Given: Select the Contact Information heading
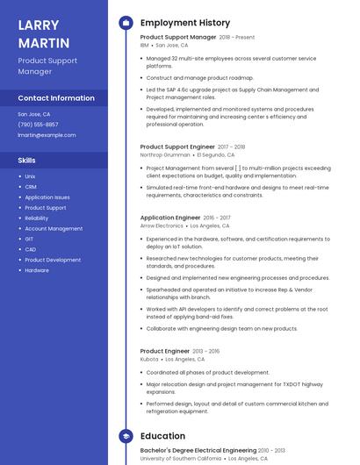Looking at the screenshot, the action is [x=56, y=98].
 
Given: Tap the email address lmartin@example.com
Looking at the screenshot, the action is [x=47, y=135].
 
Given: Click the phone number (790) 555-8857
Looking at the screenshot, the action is [x=38, y=125].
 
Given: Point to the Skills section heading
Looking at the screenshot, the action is [x=27, y=161].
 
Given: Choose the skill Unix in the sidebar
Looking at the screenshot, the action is [x=30, y=176].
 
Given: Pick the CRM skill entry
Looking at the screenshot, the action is [x=31, y=187].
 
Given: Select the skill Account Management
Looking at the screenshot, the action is [x=54, y=228].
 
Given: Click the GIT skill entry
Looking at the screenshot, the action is [x=29, y=239].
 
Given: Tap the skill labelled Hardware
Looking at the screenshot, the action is [x=37, y=270].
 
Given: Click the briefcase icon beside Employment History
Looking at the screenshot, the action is [x=124, y=23].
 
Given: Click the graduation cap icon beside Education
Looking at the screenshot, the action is [x=124, y=436].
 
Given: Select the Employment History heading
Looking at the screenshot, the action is [x=185, y=23].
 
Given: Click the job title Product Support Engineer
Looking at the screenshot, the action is [x=177, y=147].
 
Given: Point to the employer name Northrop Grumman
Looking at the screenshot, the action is [x=165, y=154].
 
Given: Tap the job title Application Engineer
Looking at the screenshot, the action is [x=170, y=218].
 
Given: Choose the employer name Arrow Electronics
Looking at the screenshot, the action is [x=162, y=225].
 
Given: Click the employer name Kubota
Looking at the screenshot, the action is [x=149, y=359].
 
